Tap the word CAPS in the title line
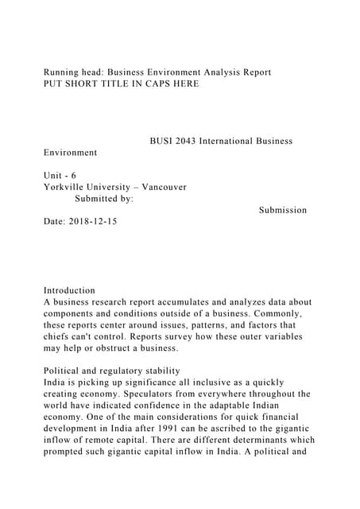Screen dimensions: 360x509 click(159, 83)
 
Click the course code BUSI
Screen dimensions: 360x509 click(163, 141)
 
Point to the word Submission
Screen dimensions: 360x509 click(283, 210)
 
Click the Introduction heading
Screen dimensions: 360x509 click(69, 290)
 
